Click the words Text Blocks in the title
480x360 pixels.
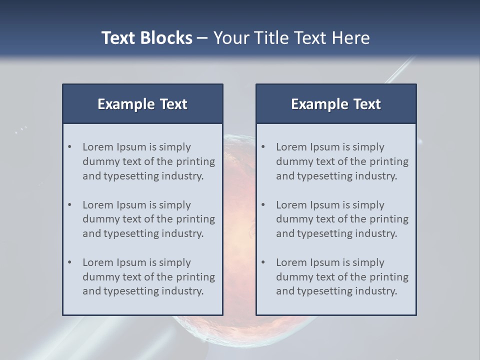point(146,38)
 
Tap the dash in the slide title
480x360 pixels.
point(202,38)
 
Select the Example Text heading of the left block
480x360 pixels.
point(142,104)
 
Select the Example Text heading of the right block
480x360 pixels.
point(336,104)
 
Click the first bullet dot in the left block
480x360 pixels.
point(70,147)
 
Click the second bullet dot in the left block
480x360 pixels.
point(70,205)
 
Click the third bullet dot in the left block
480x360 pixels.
point(70,262)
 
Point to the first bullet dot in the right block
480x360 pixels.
point(263,147)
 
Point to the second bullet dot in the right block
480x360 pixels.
point(263,205)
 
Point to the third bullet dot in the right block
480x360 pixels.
point(263,262)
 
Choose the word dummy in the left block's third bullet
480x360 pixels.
point(99,277)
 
